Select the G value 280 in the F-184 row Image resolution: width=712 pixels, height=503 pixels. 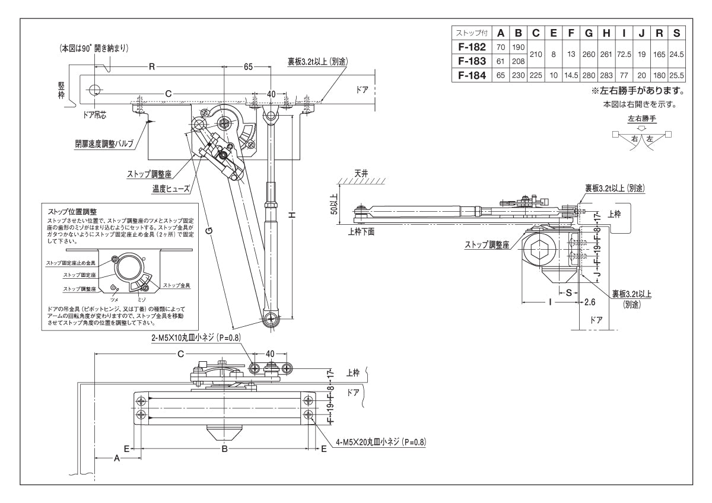(x=589, y=75)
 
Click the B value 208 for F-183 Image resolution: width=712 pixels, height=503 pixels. (x=519, y=61)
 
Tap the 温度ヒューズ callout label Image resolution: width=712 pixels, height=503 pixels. (x=170, y=189)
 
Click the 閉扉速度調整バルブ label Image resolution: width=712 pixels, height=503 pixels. (x=104, y=144)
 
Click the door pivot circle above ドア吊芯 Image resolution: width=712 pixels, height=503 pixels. (x=94, y=90)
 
